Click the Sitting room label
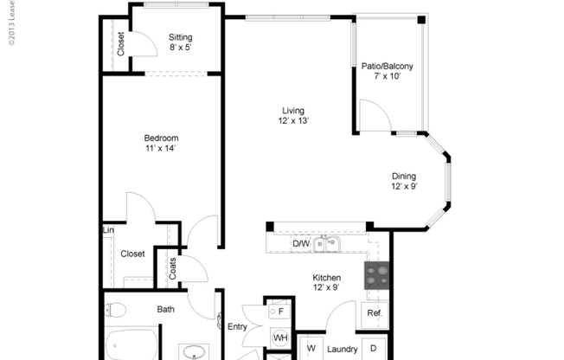[181, 37]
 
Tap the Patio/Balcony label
[388, 65]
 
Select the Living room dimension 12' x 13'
[294, 121]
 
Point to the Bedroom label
[161, 138]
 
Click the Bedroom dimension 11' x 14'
[161, 149]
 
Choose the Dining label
[404, 174]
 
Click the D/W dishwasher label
[301, 244]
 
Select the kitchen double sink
[327, 244]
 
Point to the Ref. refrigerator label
[374, 313]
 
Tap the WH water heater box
[280, 337]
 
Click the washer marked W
[311, 350]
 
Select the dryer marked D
[374, 349]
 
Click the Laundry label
[342, 350]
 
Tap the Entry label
[237, 326]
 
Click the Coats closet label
[173, 268]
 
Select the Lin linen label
[108, 230]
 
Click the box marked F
[280, 309]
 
